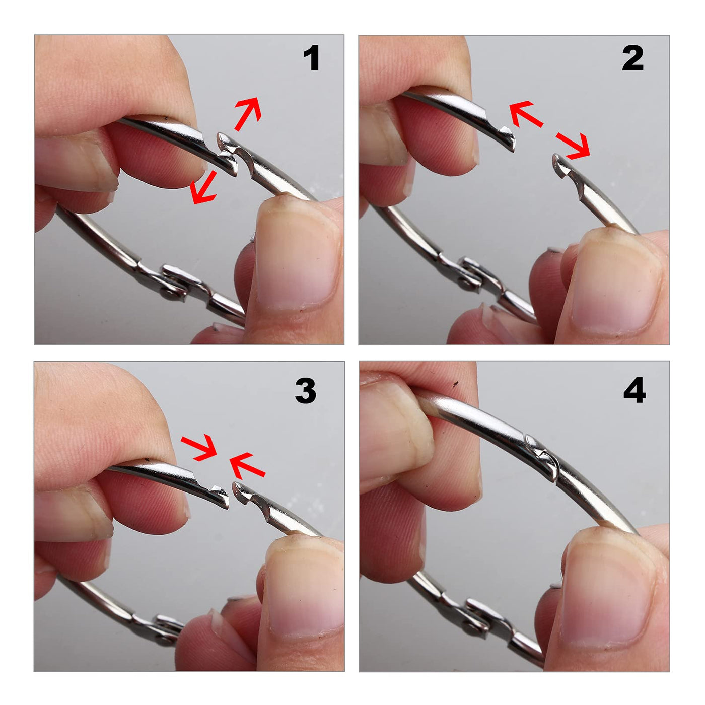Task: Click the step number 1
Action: pos(311,58)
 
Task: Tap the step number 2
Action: pos(632,58)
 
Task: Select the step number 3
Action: pos(305,391)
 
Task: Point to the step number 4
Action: pos(634,391)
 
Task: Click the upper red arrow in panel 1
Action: pos(248,114)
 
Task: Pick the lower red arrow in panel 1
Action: pos(203,188)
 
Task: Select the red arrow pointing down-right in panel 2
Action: pos(573,146)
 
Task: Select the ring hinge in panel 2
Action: pos(475,275)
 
